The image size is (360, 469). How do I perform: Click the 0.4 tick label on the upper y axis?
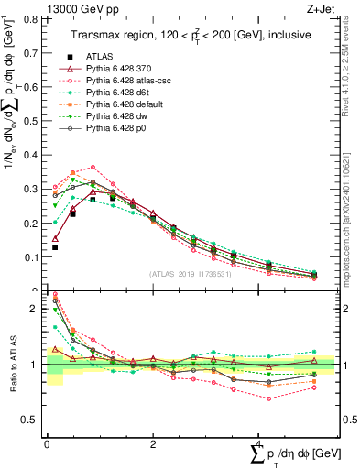tap(33, 155)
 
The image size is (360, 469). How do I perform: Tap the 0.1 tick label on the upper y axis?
tap(33, 257)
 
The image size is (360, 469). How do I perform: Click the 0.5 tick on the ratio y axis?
tap(33, 420)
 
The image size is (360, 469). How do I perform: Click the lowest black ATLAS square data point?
tap(55, 247)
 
